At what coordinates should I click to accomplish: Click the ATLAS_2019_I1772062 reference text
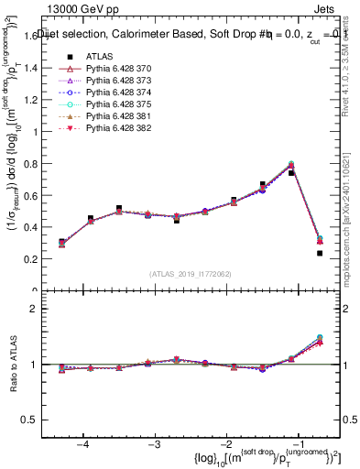tap(189, 273)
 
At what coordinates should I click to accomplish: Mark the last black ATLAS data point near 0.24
tap(320, 253)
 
